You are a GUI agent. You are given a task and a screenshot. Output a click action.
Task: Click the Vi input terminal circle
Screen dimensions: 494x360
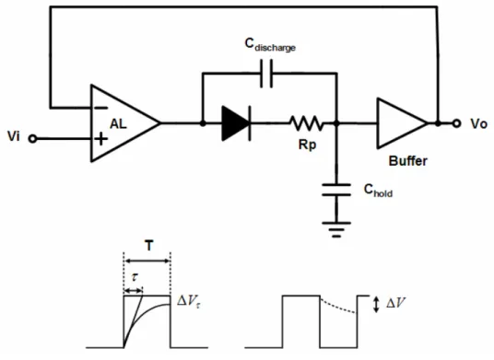(x=32, y=138)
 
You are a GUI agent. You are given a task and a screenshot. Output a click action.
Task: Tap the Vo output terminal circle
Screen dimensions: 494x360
(x=456, y=123)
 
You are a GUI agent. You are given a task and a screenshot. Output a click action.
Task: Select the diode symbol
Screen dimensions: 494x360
(x=237, y=123)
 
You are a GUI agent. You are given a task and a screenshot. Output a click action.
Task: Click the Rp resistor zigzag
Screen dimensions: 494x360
(x=306, y=123)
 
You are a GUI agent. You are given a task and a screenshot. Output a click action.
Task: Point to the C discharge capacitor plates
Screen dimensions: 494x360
(x=266, y=74)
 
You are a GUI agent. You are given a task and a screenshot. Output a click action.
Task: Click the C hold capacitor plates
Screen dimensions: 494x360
(x=336, y=190)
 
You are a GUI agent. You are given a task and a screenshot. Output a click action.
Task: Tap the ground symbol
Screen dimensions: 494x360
(x=336, y=229)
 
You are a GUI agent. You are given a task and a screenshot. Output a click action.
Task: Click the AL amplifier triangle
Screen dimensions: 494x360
(x=125, y=123)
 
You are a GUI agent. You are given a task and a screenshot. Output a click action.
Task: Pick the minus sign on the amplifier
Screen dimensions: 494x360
(x=100, y=108)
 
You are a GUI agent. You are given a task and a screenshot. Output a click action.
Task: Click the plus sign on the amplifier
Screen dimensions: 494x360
(x=100, y=138)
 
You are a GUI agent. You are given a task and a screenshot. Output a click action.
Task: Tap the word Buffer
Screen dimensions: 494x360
(x=408, y=161)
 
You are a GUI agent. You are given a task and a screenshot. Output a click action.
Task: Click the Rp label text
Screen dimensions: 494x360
(x=307, y=145)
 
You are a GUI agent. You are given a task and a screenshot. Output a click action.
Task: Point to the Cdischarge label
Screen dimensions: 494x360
(x=270, y=45)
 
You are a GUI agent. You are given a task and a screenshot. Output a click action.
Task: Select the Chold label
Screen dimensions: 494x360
(x=378, y=190)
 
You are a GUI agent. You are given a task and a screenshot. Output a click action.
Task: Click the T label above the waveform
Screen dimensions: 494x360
(x=149, y=246)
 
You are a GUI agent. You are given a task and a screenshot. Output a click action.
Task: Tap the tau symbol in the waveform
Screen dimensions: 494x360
(x=135, y=277)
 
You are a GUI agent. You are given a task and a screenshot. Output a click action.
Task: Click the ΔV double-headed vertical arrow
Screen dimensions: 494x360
(x=376, y=305)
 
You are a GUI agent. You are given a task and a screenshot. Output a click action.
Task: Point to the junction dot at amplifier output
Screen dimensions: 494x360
(x=203, y=123)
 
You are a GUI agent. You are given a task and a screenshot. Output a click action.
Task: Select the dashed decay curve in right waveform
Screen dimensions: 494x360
(x=338, y=307)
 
